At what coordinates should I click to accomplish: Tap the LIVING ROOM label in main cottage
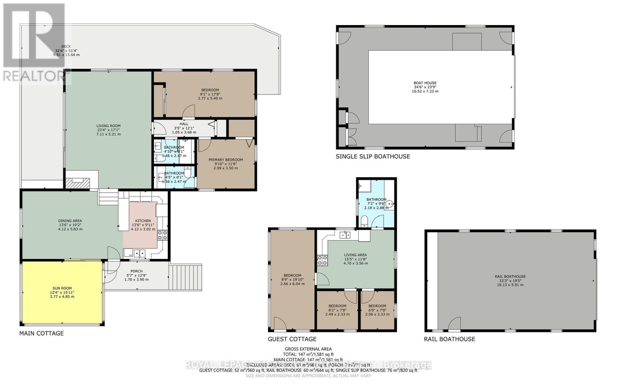coord(108,126)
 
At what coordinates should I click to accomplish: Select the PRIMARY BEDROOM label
coord(226,160)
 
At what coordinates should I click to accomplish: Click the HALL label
coord(184,124)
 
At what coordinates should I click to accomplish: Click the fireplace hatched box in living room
coord(78,183)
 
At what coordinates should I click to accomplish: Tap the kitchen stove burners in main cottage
coord(162,235)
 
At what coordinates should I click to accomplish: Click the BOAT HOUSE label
coord(425,83)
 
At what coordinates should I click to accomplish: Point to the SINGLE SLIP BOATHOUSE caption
coord(373,156)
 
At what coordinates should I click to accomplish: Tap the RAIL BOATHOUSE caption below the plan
coord(449,339)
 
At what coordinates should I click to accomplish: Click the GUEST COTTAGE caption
coord(292,339)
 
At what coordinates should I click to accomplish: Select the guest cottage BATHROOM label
coord(376,200)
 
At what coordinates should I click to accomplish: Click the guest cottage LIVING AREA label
coord(355,255)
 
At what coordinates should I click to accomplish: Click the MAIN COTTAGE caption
coord(41,334)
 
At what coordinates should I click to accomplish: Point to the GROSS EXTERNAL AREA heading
coord(308,349)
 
